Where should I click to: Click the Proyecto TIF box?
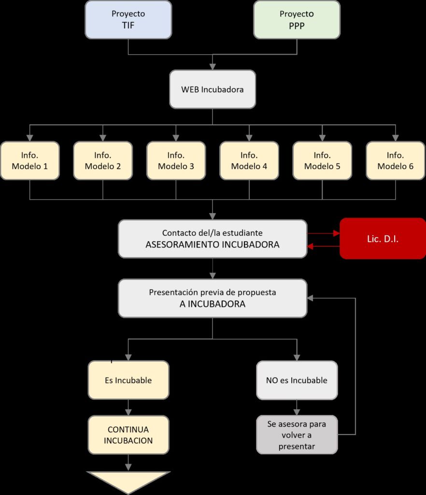pos(128,19)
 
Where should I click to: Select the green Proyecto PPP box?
pos(297,19)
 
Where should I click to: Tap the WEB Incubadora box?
pos(213,89)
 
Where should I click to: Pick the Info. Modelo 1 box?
pos(29,160)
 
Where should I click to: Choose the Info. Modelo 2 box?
pos(103,160)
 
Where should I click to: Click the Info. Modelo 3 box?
pos(176,160)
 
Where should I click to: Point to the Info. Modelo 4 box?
pos(249,160)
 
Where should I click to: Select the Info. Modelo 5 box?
pos(322,160)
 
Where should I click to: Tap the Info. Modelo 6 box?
pos(396,160)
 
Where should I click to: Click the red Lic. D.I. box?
pos(383,238)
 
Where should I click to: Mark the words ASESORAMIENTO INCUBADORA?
pos(212,245)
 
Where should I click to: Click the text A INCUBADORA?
pos(212,304)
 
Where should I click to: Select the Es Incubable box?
pos(128,380)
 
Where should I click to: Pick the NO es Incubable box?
pos(297,380)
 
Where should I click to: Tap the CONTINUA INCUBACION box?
pos(128,435)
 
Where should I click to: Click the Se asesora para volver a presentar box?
pos(297,435)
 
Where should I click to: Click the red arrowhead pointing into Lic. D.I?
pos(337,233)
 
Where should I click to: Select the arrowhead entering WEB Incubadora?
pos(213,67)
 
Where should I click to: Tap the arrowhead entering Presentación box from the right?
pos(310,298)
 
